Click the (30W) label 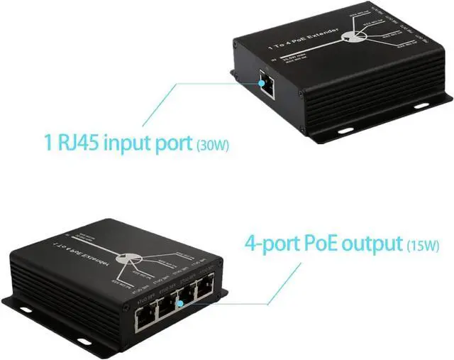[213, 145]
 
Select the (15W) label [423, 246]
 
